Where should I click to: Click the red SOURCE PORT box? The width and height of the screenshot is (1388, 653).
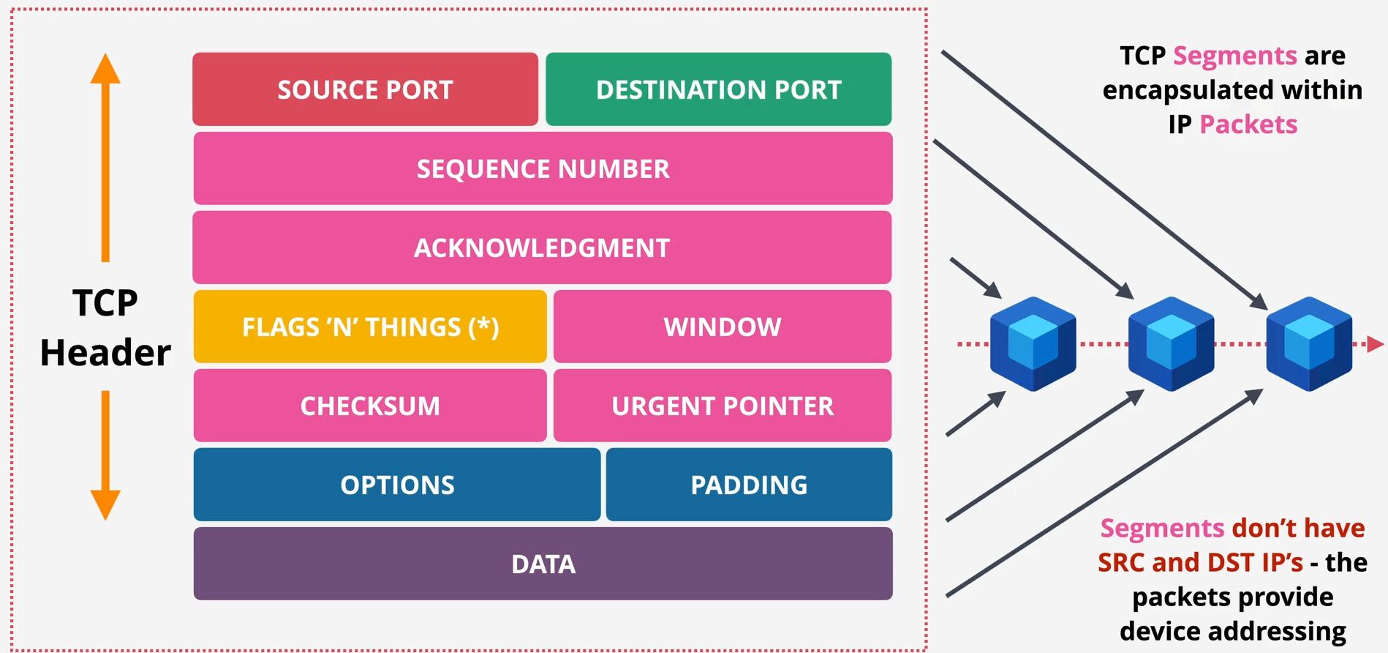(365, 89)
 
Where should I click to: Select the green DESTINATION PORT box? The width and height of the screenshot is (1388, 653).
(718, 89)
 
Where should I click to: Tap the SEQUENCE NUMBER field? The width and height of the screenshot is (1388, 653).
(543, 168)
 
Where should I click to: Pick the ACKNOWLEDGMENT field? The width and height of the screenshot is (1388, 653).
(542, 247)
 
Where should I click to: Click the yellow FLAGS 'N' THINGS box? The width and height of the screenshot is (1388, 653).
(370, 326)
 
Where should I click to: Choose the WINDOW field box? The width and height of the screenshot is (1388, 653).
(722, 326)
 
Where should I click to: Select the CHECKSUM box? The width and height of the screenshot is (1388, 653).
(370, 406)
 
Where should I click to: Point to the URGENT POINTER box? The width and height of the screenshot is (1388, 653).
(722, 406)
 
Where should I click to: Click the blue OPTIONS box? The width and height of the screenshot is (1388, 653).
(397, 485)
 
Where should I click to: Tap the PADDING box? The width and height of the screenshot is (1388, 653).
(749, 485)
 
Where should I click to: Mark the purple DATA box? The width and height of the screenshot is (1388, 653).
(543, 564)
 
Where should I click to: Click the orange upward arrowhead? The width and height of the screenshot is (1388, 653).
(105, 69)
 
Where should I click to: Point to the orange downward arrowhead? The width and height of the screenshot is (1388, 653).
(105, 504)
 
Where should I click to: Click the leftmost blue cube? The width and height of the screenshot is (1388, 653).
(1033, 343)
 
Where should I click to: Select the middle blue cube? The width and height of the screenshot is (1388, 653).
(1171, 343)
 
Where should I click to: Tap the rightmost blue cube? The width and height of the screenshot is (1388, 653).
(1309, 343)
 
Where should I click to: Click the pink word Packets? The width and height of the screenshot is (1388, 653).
(1248, 124)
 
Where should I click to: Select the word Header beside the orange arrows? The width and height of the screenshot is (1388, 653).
(105, 353)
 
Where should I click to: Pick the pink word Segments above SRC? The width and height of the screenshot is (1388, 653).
(1162, 528)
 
